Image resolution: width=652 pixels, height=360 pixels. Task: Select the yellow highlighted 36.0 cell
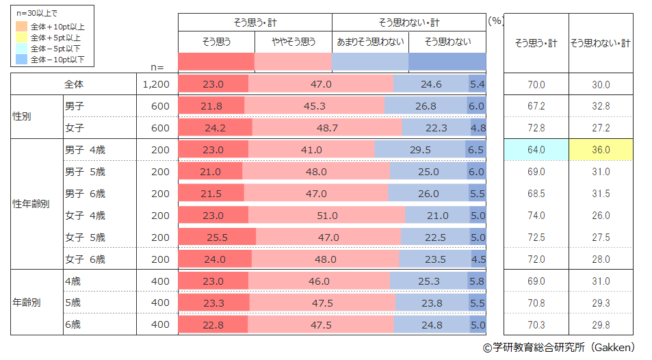600,150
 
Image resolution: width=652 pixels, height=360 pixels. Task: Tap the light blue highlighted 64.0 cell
536,150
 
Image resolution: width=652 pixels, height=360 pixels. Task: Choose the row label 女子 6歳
85,259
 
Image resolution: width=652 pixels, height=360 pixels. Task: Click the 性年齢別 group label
31,204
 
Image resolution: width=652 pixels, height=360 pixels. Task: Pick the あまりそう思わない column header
370,42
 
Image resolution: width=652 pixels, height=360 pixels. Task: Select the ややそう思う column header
293,42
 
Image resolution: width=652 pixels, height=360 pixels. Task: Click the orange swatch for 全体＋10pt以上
21,27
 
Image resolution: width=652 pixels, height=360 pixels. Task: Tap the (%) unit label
496,21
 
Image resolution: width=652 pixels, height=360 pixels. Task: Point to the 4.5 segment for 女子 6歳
478,259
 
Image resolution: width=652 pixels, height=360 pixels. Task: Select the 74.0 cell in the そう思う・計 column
536,216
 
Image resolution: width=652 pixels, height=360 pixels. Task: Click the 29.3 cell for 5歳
600,303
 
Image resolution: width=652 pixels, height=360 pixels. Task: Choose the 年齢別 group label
27,303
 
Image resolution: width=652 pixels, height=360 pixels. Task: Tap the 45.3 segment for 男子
315,106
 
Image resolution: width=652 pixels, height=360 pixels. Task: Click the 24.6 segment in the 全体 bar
431,84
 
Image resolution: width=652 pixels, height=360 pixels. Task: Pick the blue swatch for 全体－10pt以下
21,60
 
